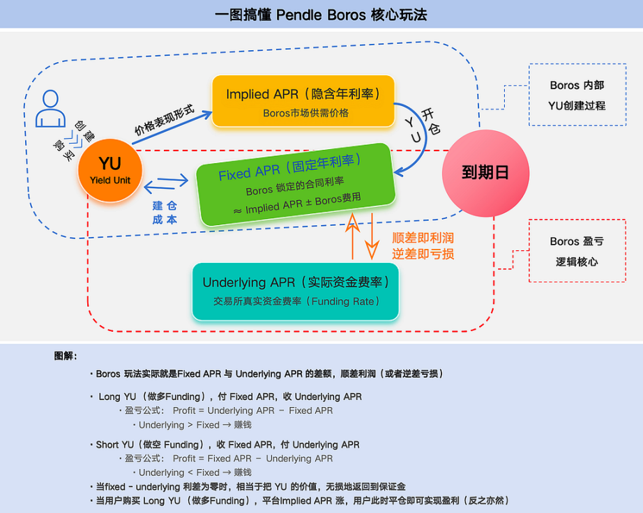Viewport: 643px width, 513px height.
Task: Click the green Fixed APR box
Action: pos(294,184)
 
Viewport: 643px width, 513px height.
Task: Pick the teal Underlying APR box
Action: pos(296,291)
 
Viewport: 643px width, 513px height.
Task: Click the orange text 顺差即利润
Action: pos(423,238)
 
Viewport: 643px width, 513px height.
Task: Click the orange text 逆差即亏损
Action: pos(423,254)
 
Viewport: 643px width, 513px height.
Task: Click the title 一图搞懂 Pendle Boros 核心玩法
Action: pos(321,15)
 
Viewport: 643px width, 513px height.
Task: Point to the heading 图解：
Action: pos(66,356)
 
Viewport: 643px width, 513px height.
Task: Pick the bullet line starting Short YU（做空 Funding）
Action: pos(227,445)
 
